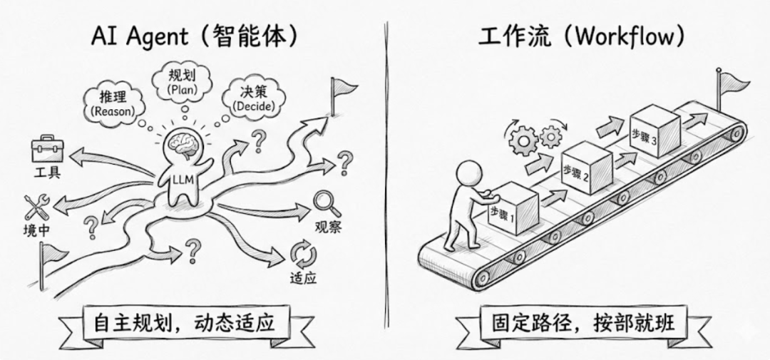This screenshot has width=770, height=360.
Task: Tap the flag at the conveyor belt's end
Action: coord(729,82)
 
